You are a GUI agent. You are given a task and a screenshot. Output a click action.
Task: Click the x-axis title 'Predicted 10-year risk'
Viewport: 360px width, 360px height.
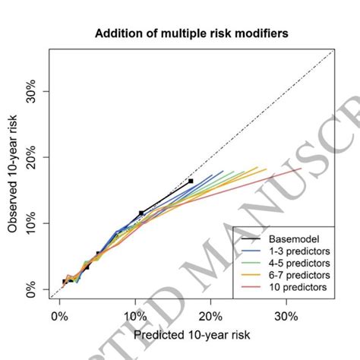click(191, 333)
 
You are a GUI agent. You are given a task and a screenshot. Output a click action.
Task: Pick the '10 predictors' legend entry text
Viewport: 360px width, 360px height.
click(297, 287)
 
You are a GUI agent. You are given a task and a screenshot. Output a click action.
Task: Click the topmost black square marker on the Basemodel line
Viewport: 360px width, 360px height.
click(191, 181)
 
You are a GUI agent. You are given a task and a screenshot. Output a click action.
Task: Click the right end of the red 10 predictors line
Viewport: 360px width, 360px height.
click(302, 169)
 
